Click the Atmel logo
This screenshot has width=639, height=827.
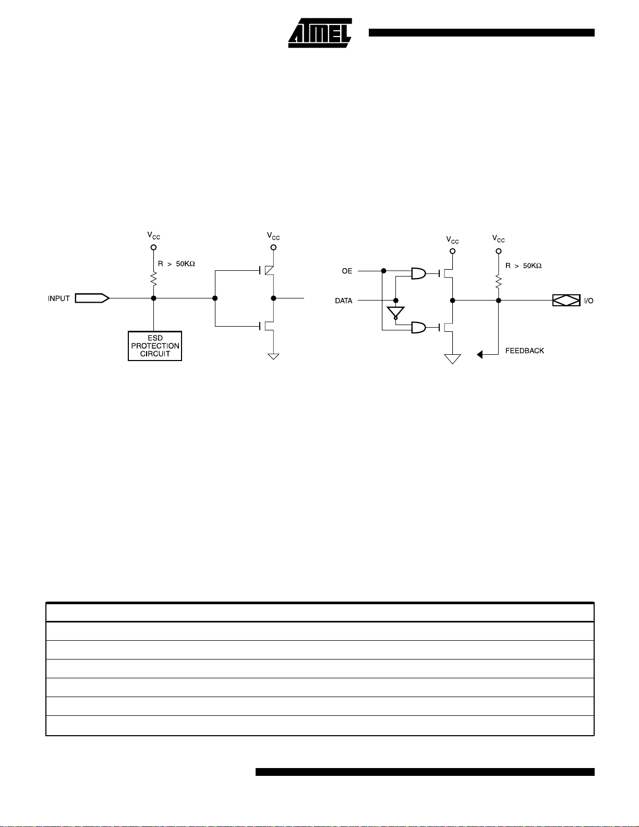319,34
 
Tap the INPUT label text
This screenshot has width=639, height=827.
59,298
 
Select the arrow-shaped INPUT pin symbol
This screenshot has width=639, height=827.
92,298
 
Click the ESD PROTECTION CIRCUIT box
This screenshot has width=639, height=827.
155,346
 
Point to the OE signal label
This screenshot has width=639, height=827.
347,271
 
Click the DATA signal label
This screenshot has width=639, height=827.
344,301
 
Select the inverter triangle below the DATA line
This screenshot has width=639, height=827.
395,313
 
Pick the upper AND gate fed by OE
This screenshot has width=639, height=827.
418,273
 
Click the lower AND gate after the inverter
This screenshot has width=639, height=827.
418,328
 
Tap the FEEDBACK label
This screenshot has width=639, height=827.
524,351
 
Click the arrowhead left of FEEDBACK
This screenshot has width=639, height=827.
480,355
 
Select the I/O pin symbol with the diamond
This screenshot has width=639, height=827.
566,301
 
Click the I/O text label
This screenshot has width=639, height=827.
588,301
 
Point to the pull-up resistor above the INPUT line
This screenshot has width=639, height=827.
154,279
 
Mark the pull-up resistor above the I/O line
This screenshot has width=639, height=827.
499,282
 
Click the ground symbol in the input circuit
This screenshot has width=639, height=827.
273,356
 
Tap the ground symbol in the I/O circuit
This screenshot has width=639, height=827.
452,359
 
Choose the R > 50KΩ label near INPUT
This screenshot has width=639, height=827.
176,264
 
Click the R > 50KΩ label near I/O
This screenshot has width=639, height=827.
523,266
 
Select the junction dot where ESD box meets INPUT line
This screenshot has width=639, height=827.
154,298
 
